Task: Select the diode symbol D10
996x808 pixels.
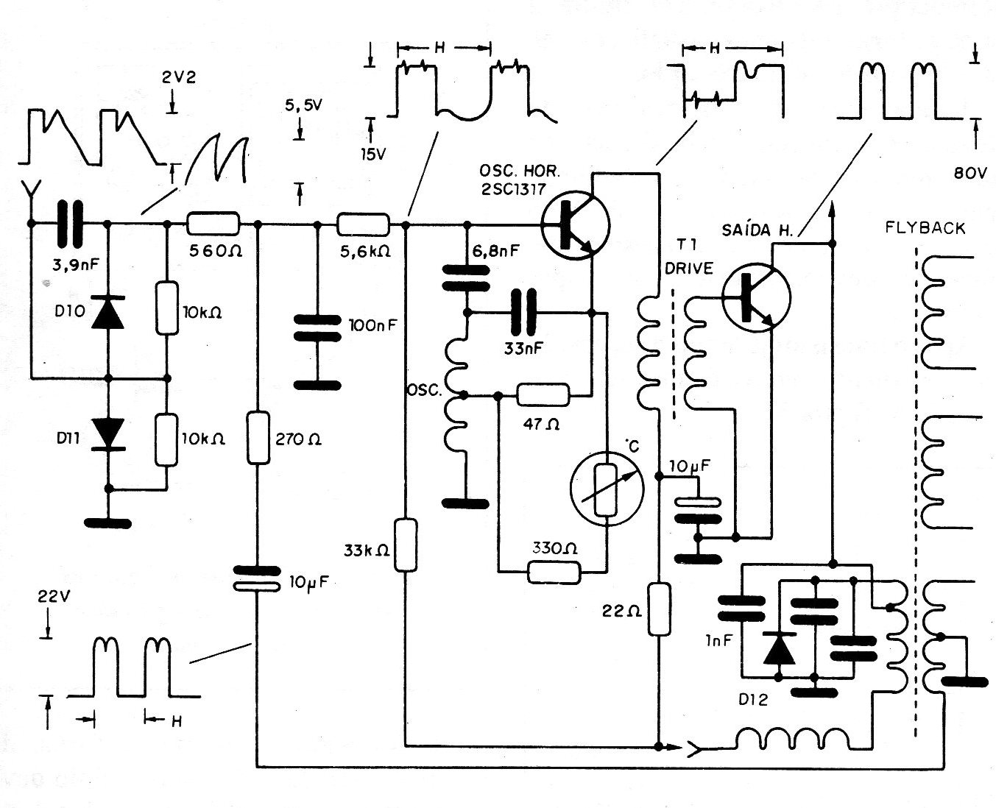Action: click(107, 313)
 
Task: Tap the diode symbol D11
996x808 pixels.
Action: click(107, 433)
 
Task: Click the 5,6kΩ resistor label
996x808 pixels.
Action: click(364, 251)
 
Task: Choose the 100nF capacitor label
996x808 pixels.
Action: click(372, 325)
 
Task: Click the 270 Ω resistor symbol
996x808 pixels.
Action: click(258, 438)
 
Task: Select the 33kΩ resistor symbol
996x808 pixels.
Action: click(406, 545)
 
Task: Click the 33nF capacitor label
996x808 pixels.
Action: click(523, 349)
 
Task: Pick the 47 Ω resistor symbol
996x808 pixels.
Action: click(543, 395)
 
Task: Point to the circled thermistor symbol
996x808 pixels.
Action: click(607, 487)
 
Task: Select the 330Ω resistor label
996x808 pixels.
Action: click(553, 548)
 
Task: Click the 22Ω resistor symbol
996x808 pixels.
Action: click(660, 609)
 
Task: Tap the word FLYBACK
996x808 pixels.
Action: click(925, 229)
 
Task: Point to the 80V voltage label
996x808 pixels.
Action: click(967, 174)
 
